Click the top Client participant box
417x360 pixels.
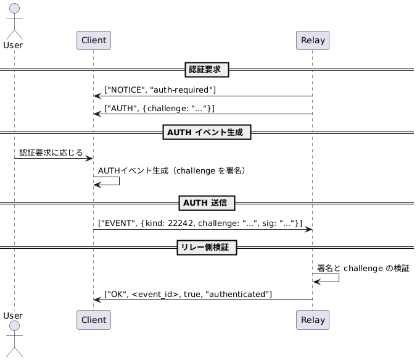(93, 41)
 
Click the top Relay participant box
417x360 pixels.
(313, 41)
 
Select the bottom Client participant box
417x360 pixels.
(93, 320)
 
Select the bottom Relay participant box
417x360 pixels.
(313, 320)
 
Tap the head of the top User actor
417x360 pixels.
(14, 9)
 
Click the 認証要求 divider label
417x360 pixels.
(207, 70)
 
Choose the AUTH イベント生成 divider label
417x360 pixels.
(207, 132)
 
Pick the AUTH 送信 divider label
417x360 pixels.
(207, 203)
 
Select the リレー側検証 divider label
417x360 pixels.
(207, 248)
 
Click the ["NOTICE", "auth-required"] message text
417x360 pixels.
(160, 90)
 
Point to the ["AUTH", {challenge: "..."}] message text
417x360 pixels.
(159, 108)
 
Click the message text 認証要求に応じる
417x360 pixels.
(51, 153)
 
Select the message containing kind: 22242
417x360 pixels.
(200, 223)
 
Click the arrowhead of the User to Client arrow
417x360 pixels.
(89, 159)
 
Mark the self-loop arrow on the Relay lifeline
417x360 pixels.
(327, 278)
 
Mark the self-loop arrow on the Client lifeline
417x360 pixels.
(107, 181)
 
